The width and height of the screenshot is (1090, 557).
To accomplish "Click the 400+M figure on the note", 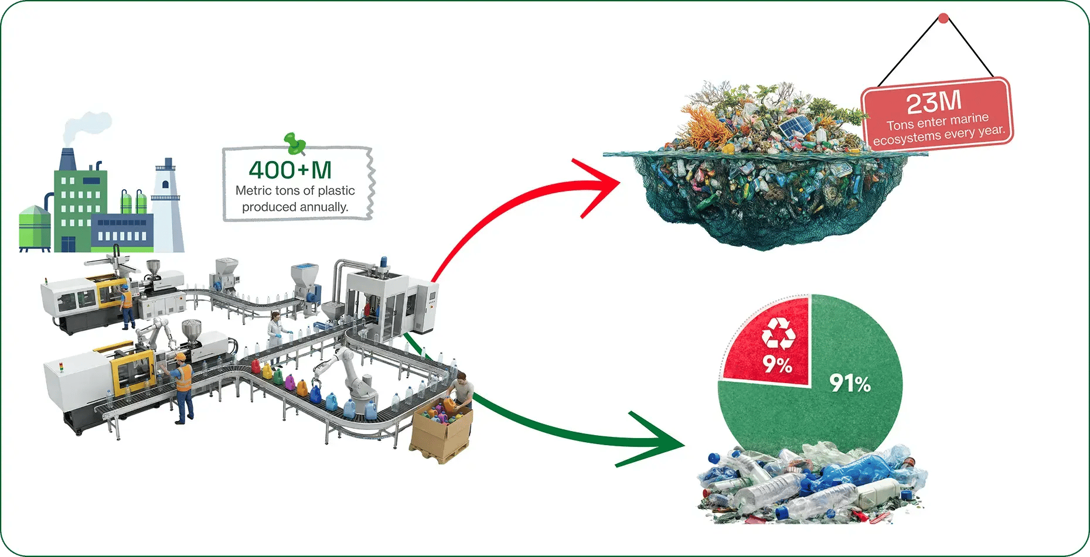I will click(x=290, y=170).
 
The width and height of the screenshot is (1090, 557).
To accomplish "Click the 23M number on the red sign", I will click(x=934, y=102).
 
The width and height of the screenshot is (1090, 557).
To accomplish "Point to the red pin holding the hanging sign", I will click(x=943, y=19).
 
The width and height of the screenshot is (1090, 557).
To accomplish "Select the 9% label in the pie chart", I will click(x=777, y=364).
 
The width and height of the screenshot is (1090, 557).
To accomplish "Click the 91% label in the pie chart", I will click(x=850, y=384).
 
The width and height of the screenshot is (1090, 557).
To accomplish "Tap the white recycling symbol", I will click(x=778, y=334).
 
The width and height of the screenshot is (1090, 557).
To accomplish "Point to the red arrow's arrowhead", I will click(x=604, y=184).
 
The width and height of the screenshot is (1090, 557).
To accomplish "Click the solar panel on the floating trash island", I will click(x=795, y=125).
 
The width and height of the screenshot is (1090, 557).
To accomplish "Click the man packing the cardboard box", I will click(x=462, y=391).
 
